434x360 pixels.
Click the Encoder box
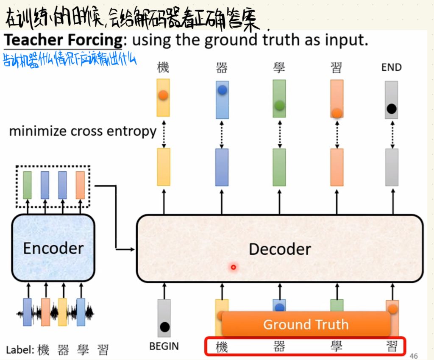pyautogui.click(x=53, y=248)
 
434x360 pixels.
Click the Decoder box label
pyautogui.click(x=280, y=249)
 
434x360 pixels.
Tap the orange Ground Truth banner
pyautogui.click(x=306, y=324)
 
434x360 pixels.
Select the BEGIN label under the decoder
pyautogui.click(x=164, y=346)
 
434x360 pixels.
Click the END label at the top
pyautogui.click(x=391, y=67)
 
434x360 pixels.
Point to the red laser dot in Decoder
pyautogui.click(x=233, y=267)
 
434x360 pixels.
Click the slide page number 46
pyautogui.click(x=414, y=356)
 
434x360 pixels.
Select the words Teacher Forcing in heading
pyautogui.click(x=63, y=40)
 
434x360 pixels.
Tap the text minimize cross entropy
pyautogui.click(x=83, y=131)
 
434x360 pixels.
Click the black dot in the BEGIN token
pyautogui.click(x=164, y=327)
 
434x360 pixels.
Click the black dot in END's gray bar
pyautogui.click(x=392, y=109)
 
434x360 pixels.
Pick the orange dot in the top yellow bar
pyautogui.click(x=163, y=95)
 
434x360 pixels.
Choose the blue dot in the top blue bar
pyautogui.click(x=222, y=90)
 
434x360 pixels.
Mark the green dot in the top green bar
pyautogui.click(x=279, y=105)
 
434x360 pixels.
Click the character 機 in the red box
pyautogui.click(x=222, y=347)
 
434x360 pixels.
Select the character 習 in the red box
pyautogui.click(x=392, y=347)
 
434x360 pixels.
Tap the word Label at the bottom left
pyautogui.click(x=19, y=350)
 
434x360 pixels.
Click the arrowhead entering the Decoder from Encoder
pyautogui.click(x=133, y=250)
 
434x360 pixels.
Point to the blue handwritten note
pyautogui.click(x=70, y=59)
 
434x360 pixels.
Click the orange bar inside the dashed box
pyautogui.click(x=80, y=185)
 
